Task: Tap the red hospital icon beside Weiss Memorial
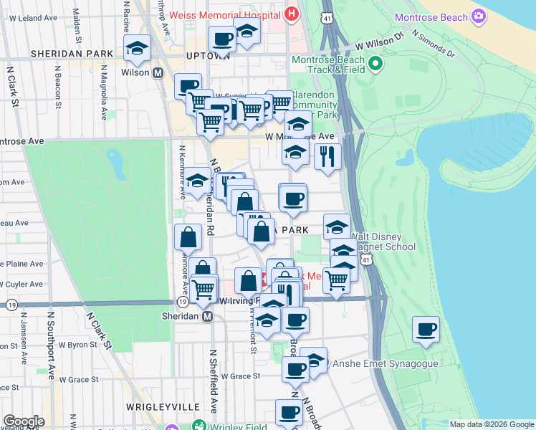[x=291, y=14]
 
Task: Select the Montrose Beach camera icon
[x=479, y=16]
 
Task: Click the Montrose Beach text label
[x=431, y=16]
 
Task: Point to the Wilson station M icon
[x=158, y=72]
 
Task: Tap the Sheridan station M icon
[x=208, y=316]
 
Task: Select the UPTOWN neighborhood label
[x=207, y=54]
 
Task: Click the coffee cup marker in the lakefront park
[x=426, y=330]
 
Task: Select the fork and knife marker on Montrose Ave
[x=327, y=156]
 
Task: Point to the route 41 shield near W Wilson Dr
[x=326, y=15]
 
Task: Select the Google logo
[x=24, y=421]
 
